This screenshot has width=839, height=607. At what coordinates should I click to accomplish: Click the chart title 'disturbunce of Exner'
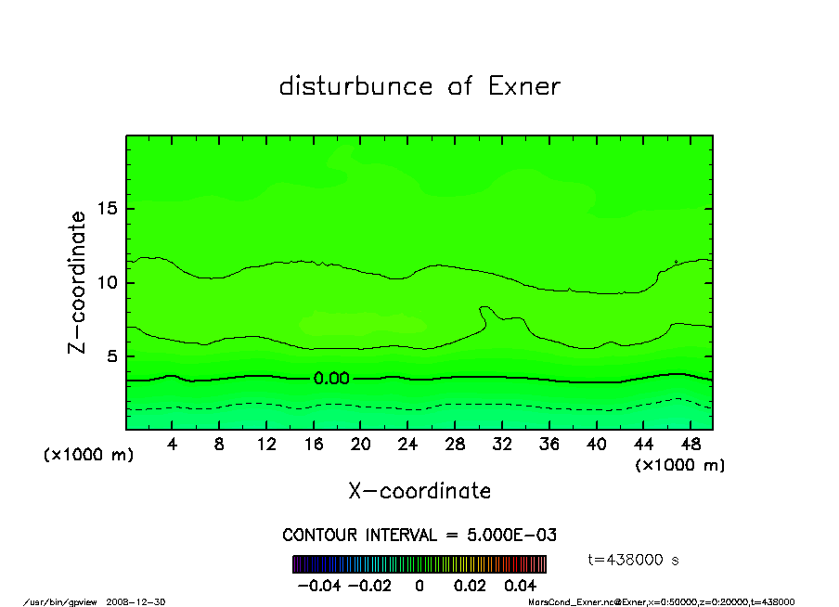[x=419, y=87]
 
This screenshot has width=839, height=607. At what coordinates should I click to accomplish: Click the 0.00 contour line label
[x=331, y=378]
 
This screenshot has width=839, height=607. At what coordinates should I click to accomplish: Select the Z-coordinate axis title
[x=78, y=282]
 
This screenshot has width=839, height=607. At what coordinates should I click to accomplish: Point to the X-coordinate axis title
[x=419, y=491]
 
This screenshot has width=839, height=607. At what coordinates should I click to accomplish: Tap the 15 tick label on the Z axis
[x=107, y=209]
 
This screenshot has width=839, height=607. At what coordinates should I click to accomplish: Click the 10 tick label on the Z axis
[x=107, y=282]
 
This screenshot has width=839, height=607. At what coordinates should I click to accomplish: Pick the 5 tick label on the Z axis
[x=111, y=356]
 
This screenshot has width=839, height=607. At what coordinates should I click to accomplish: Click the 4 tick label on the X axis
[x=172, y=444]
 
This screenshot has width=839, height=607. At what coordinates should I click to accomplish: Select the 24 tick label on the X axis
[x=407, y=444]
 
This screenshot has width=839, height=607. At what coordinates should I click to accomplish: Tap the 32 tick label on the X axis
[x=501, y=444]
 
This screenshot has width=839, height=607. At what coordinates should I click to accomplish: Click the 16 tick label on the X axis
[x=314, y=444]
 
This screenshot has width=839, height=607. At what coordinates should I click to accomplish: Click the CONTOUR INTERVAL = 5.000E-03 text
[x=419, y=535]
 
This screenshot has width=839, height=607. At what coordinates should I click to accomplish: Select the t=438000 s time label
[x=635, y=560]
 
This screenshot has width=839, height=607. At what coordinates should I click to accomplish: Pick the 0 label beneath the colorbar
[x=419, y=586]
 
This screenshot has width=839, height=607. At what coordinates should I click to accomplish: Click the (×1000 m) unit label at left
[x=89, y=456]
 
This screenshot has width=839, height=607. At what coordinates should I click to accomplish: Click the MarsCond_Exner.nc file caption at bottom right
[x=661, y=601]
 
